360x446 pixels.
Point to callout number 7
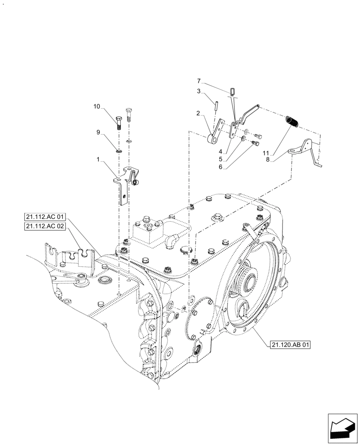click(x=199, y=81)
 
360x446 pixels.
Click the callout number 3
click(x=199, y=91)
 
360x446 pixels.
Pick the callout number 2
click(x=198, y=113)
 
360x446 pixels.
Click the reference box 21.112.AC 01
click(x=45, y=217)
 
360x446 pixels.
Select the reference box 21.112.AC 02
click(x=45, y=227)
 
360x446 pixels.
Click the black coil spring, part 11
click(x=292, y=121)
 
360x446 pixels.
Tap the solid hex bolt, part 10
click(x=119, y=121)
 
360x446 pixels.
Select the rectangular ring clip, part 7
click(x=232, y=92)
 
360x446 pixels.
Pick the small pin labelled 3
click(x=214, y=107)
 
